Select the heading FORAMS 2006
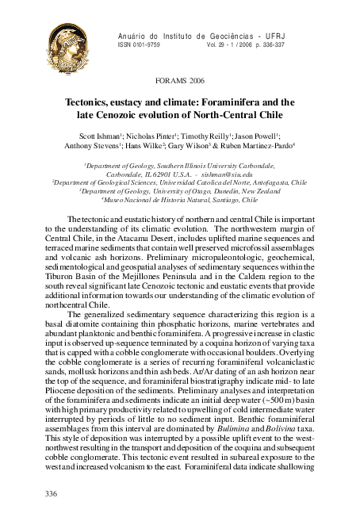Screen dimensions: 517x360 coord(181,82)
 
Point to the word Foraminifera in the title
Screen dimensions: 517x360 coord(240,102)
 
